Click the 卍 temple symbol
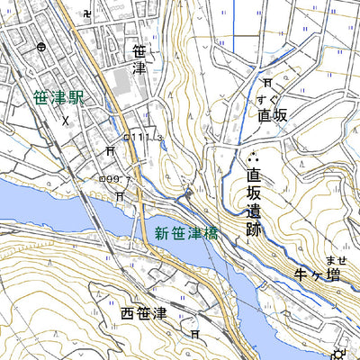[x=85, y=14]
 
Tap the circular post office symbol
[x=41, y=48]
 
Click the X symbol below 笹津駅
[x=66, y=117]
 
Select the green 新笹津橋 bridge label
[x=185, y=233]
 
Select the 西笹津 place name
[x=144, y=313]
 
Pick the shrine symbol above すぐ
[x=267, y=83]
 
